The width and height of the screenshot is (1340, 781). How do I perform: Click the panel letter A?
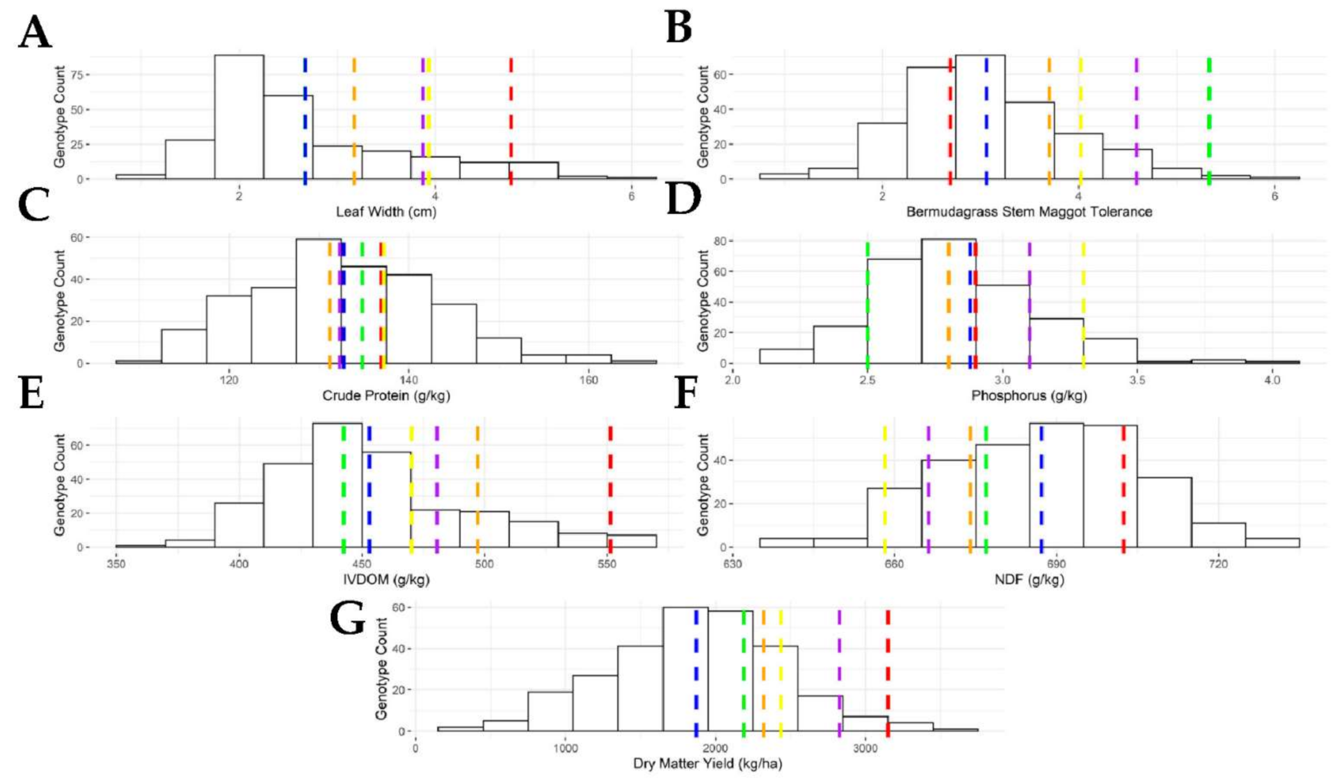[35, 33]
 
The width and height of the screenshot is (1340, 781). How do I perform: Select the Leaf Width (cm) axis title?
[386, 212]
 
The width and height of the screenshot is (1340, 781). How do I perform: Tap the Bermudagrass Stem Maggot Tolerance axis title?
[1029, 212]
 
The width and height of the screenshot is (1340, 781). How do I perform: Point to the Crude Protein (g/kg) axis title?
[386, 396]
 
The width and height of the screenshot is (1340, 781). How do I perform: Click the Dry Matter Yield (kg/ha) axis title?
[707, 764]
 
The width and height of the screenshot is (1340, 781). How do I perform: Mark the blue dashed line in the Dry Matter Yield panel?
[696, 672]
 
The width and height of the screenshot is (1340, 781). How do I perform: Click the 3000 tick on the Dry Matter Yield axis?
[865, 748]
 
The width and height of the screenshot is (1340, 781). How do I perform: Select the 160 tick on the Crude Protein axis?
[588, 380]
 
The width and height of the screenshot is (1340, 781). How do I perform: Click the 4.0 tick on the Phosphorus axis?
[1272, 380]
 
